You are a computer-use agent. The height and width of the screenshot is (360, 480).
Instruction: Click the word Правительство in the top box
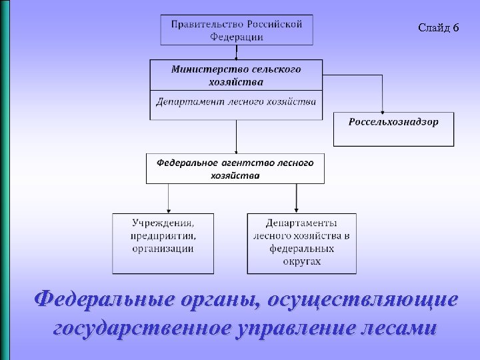click(203, 24)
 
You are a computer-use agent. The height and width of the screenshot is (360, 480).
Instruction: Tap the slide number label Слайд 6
click(438, 27)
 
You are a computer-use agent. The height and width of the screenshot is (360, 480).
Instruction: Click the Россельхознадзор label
click(393, 121)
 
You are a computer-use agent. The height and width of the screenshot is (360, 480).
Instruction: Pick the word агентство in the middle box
click(247, 163)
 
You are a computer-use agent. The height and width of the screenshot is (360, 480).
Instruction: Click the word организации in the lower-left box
click(163, 249)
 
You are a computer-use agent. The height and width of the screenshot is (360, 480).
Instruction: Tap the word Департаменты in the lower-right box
click(301, 222)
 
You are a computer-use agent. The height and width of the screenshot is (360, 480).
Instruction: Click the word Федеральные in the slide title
click(100, 299)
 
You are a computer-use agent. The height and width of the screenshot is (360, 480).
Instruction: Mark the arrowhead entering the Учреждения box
click(168, 210)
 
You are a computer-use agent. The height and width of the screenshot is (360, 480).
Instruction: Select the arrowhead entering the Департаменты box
click(296, 210)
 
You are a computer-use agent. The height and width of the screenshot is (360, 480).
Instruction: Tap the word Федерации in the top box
click(237, 37)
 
